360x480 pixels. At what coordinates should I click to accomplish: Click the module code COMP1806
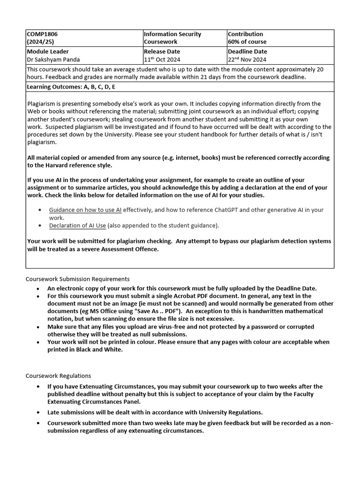[42, 34]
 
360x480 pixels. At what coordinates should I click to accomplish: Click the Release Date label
[162, 52]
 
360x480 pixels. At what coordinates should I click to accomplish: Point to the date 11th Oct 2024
[162, 60]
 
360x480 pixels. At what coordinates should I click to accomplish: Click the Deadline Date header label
[247, 52]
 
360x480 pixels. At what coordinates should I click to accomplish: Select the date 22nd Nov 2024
[247, 60]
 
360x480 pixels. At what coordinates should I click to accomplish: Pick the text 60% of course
[247, 42]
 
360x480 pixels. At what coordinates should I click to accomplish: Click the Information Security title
[172, 34]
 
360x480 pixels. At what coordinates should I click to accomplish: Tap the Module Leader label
[48, 52]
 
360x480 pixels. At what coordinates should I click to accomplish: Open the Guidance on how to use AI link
[85, 210]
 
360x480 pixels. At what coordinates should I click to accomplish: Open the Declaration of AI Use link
[77, 225]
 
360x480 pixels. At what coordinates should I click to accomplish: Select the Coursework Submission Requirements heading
[77, 279]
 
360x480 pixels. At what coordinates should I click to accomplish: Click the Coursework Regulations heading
[58, 376]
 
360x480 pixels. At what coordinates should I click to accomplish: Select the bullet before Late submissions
[38, 412]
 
